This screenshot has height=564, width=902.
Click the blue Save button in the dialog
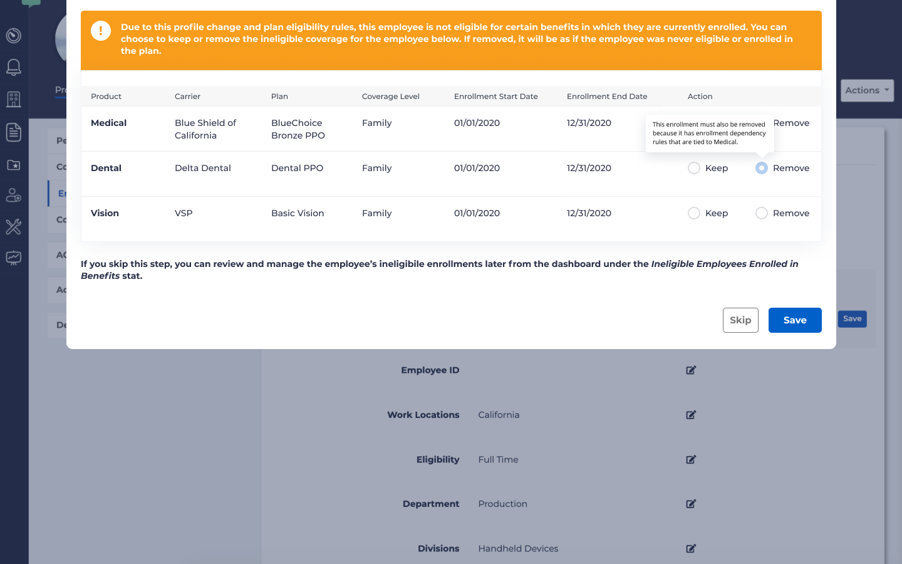(x=794, y=320)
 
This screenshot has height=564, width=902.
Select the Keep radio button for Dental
(x=694, y=168)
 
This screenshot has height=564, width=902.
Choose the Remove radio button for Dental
(x=762, y=168)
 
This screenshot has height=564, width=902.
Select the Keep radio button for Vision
(x=694, y=213)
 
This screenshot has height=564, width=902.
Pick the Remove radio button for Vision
(x=762, y=213)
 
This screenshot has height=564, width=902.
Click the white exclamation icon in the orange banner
(x=101, y=31)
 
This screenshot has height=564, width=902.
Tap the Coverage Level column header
(x=390, y=97)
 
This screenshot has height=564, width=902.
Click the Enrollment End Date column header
(x=606, y=97)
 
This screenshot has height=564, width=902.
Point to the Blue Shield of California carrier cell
(x=205, y=129)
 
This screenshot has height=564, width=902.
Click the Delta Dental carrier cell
(x=202, y=168)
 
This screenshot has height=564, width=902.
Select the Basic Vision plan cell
(x=298, y=213)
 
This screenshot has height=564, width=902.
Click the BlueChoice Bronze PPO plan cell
(x=298, y=129)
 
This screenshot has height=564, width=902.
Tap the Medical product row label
(x=108, y=123)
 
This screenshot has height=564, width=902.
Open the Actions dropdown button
(x=867, y=90)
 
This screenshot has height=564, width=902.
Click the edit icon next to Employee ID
(x=691, y=370)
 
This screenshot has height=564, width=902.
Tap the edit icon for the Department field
(x=691, y=504)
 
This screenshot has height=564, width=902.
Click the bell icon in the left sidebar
(x=14, y=67)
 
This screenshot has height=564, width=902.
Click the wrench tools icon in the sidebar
(x=14, y=226)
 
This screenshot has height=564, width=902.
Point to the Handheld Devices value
(x=518, y=548)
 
